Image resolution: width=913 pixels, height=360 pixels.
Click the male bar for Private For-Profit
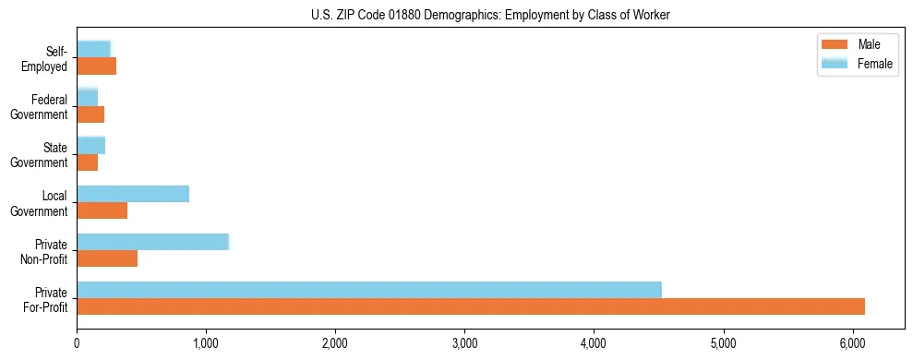[471, 306]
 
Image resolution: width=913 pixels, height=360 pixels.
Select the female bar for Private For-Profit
[369, 290]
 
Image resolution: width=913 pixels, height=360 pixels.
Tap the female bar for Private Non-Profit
[152, 242]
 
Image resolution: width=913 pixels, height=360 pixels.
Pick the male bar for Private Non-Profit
[107, 258]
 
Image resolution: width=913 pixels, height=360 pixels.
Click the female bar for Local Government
[133, 194]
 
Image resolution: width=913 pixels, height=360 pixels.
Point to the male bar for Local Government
[102, 210]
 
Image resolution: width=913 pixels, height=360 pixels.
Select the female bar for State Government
[90, 145]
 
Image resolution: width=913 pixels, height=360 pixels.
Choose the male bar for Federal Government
[90, 114]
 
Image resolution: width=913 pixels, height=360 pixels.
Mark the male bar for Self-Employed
[96, 66]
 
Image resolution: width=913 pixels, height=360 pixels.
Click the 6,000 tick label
[852, 343]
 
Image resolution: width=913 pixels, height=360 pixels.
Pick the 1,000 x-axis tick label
[206, 343]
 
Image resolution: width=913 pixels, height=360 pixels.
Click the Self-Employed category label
[50, 58]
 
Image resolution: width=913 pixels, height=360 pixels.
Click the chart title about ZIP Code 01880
[490, 15]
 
